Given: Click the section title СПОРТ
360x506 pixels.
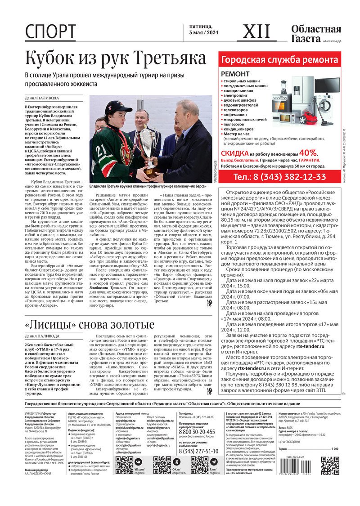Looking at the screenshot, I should pos(50,32).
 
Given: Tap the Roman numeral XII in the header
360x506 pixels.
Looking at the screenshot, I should pos(257,31).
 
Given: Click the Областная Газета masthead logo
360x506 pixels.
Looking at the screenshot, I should pos(315,34).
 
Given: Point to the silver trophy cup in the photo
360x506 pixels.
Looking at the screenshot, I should pos(148,144).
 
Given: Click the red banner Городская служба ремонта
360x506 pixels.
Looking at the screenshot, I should pos(279,60).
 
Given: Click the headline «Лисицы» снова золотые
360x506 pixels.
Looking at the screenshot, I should pos(89,325).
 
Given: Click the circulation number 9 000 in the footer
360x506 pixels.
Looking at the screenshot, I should pos(335,449).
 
